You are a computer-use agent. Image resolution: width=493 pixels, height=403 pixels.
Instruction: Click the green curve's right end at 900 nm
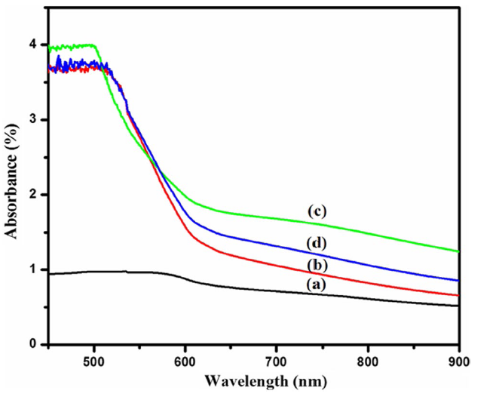coord(458,251)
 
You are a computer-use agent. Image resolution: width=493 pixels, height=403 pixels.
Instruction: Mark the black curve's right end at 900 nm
coord(458,306)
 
